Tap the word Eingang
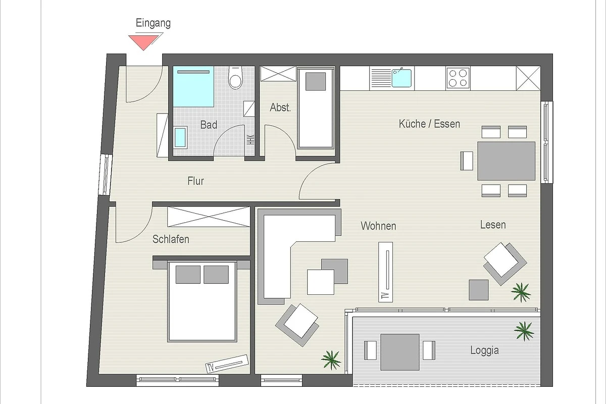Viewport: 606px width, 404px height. (153, 23)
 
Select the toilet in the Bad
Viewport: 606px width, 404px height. (235, 78)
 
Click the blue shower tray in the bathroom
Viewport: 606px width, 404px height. (193, 86)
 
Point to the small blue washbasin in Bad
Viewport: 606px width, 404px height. (180, 137)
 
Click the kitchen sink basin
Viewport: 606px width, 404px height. (402, 78)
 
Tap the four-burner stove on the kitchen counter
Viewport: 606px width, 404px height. (458, 78)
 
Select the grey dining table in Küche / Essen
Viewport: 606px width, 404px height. (506, 161)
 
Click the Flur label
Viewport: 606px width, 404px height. (195, 181)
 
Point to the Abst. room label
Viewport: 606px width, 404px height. (280, 108)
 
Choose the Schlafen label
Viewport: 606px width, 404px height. (171, 239)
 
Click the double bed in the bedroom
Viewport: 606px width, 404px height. (202, 301)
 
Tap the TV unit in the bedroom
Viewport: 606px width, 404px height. (227, 364)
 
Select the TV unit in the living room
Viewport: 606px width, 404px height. (385, 272)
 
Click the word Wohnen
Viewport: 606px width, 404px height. (378, 226)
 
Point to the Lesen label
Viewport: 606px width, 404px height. (493, 225)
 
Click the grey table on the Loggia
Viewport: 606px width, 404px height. (400, 352)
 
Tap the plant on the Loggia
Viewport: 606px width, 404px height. (524, 331)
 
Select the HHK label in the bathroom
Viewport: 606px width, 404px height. (250, 139)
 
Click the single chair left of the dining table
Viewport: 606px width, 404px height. (467, 161)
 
